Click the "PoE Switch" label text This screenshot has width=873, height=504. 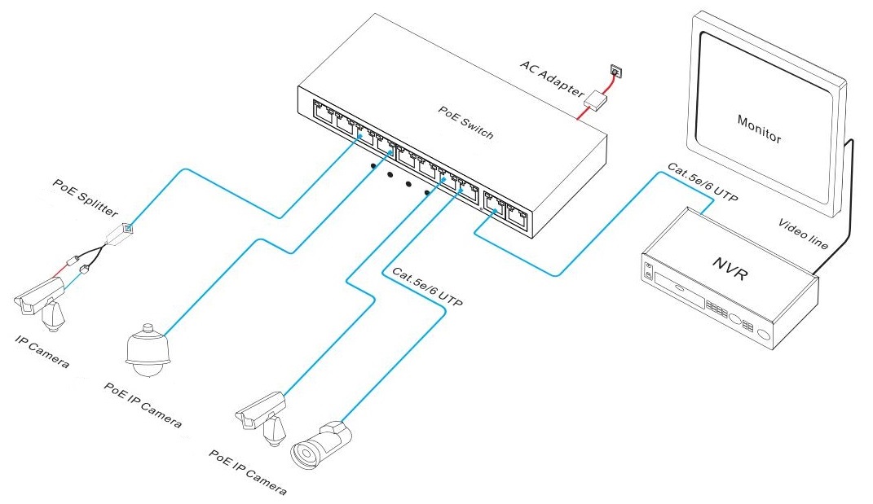[466, 122]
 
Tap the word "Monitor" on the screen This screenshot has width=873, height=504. [759, 129]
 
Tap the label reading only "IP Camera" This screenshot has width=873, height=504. [42, 348]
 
